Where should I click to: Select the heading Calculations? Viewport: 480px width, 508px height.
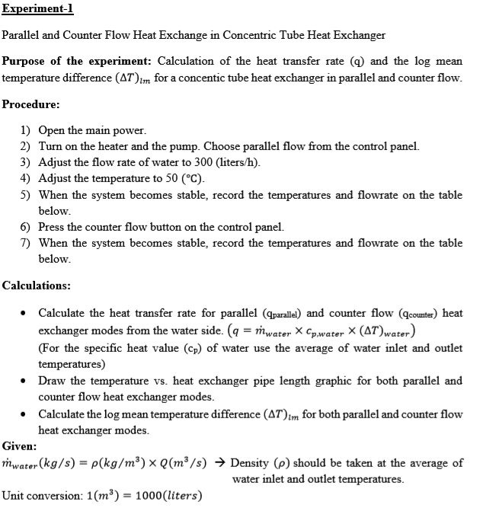(37, 286)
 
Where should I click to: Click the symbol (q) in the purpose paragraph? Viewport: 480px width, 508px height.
(356, 62)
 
